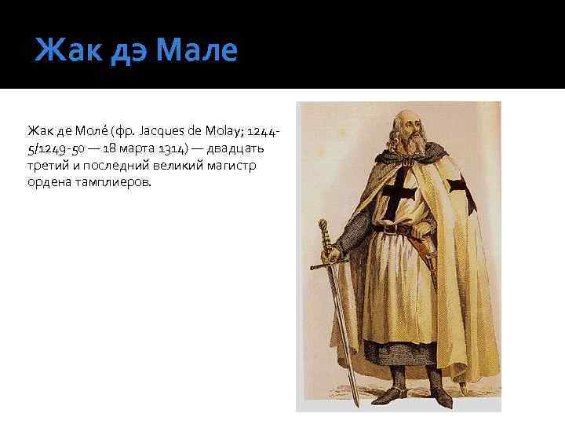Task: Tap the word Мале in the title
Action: tap(196, 52)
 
